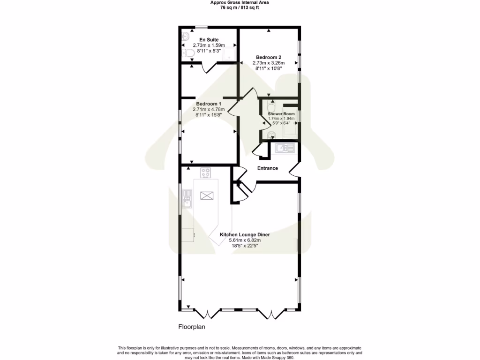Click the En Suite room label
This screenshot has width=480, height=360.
tap(209, 40)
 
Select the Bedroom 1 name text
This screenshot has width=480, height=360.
tap(209, 104)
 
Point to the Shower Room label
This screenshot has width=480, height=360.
tap(281, 114)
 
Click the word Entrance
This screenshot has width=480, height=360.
tap(268, 168)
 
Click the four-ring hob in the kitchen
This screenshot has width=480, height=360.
tap(206, 172)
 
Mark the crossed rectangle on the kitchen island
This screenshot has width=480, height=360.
tap(206, 195)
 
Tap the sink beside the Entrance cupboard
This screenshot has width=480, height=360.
tap(285, 149)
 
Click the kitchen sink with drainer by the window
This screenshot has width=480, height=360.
tap(187, 198)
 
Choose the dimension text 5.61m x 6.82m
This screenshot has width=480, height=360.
tap(244, 240)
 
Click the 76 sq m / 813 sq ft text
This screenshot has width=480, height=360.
tap(240, 7)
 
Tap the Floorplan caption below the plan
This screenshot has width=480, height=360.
tap(192, 327)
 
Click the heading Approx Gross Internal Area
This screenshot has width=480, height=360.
tap(240, 2)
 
